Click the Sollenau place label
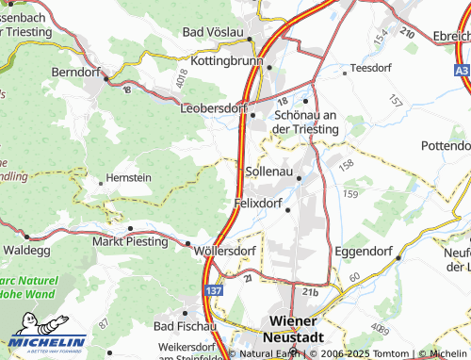tap(267, 172)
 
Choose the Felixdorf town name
tap(260, 203)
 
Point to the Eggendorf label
tap(365, 253)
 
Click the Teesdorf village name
tap(370, 69)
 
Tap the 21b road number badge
tap(310, 292)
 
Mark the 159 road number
tap(351, 194)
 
